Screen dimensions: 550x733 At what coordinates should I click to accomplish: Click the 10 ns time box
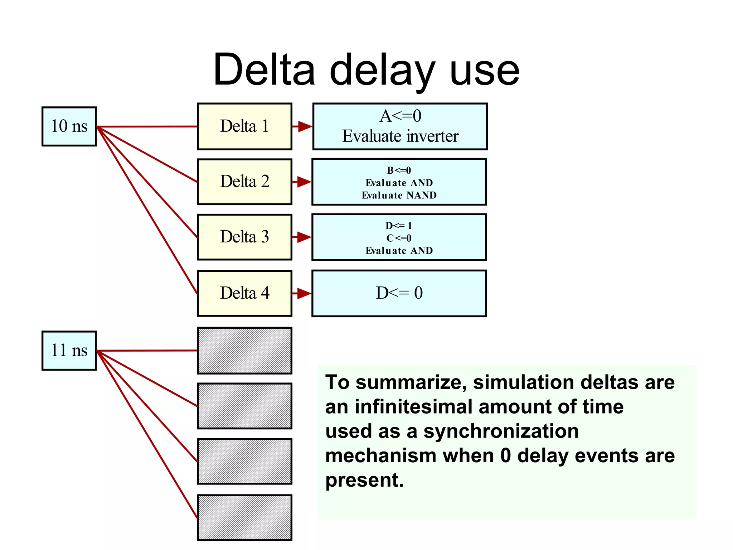pos(69,126)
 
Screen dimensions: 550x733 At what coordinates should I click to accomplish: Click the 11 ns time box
pos(69,351)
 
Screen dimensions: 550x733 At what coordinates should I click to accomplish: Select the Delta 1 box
pos(244,126)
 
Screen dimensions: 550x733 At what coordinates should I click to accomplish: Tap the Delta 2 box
pos(244,182)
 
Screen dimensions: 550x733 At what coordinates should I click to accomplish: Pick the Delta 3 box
pos(244,237)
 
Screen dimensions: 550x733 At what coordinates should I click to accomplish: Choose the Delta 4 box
pos(244,293)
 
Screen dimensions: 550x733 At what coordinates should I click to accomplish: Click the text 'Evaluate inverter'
pos(400,136)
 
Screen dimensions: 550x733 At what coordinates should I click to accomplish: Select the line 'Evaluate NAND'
pos(399,195)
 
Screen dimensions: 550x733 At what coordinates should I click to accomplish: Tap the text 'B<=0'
pos(399,170)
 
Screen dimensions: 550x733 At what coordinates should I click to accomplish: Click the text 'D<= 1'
pos(399,226)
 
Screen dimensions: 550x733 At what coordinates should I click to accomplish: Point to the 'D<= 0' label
pos(399,293)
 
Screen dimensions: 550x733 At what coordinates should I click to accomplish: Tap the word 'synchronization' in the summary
pos(501,431)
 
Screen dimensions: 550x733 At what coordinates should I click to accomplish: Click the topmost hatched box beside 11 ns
pos(244,351)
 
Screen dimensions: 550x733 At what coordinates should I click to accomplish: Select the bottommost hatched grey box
pos(244,517)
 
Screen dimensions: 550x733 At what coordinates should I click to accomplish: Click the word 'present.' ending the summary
pos(364,480)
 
